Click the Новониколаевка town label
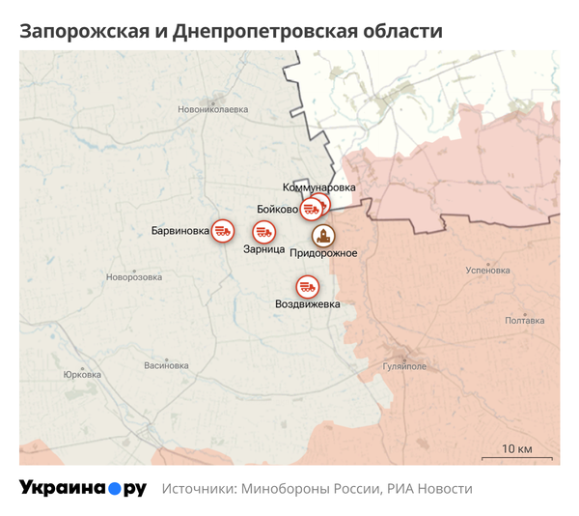click(x=212, y=109)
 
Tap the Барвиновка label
click(x=180, y=231)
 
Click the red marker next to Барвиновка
click(x=224, y=230)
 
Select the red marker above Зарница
click(x=263, y=232)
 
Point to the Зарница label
click(x=263, y=249)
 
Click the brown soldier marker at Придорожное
click(x=321, y=235)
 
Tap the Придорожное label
click(x=324, y=253)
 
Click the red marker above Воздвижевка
click(x=308, y=287)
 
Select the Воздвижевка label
click(x=308, y=305)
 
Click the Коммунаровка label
click(x=319, y=186)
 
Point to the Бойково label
click(x=278, y=209)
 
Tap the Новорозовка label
click(x=134, y=277)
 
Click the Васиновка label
click(x=166, y=366)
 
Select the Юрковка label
click(x=82, y=375)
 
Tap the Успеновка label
click(x=487, y=271)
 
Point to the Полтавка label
click(x=525, y=321)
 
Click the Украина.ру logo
click(x=83, y=488)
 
